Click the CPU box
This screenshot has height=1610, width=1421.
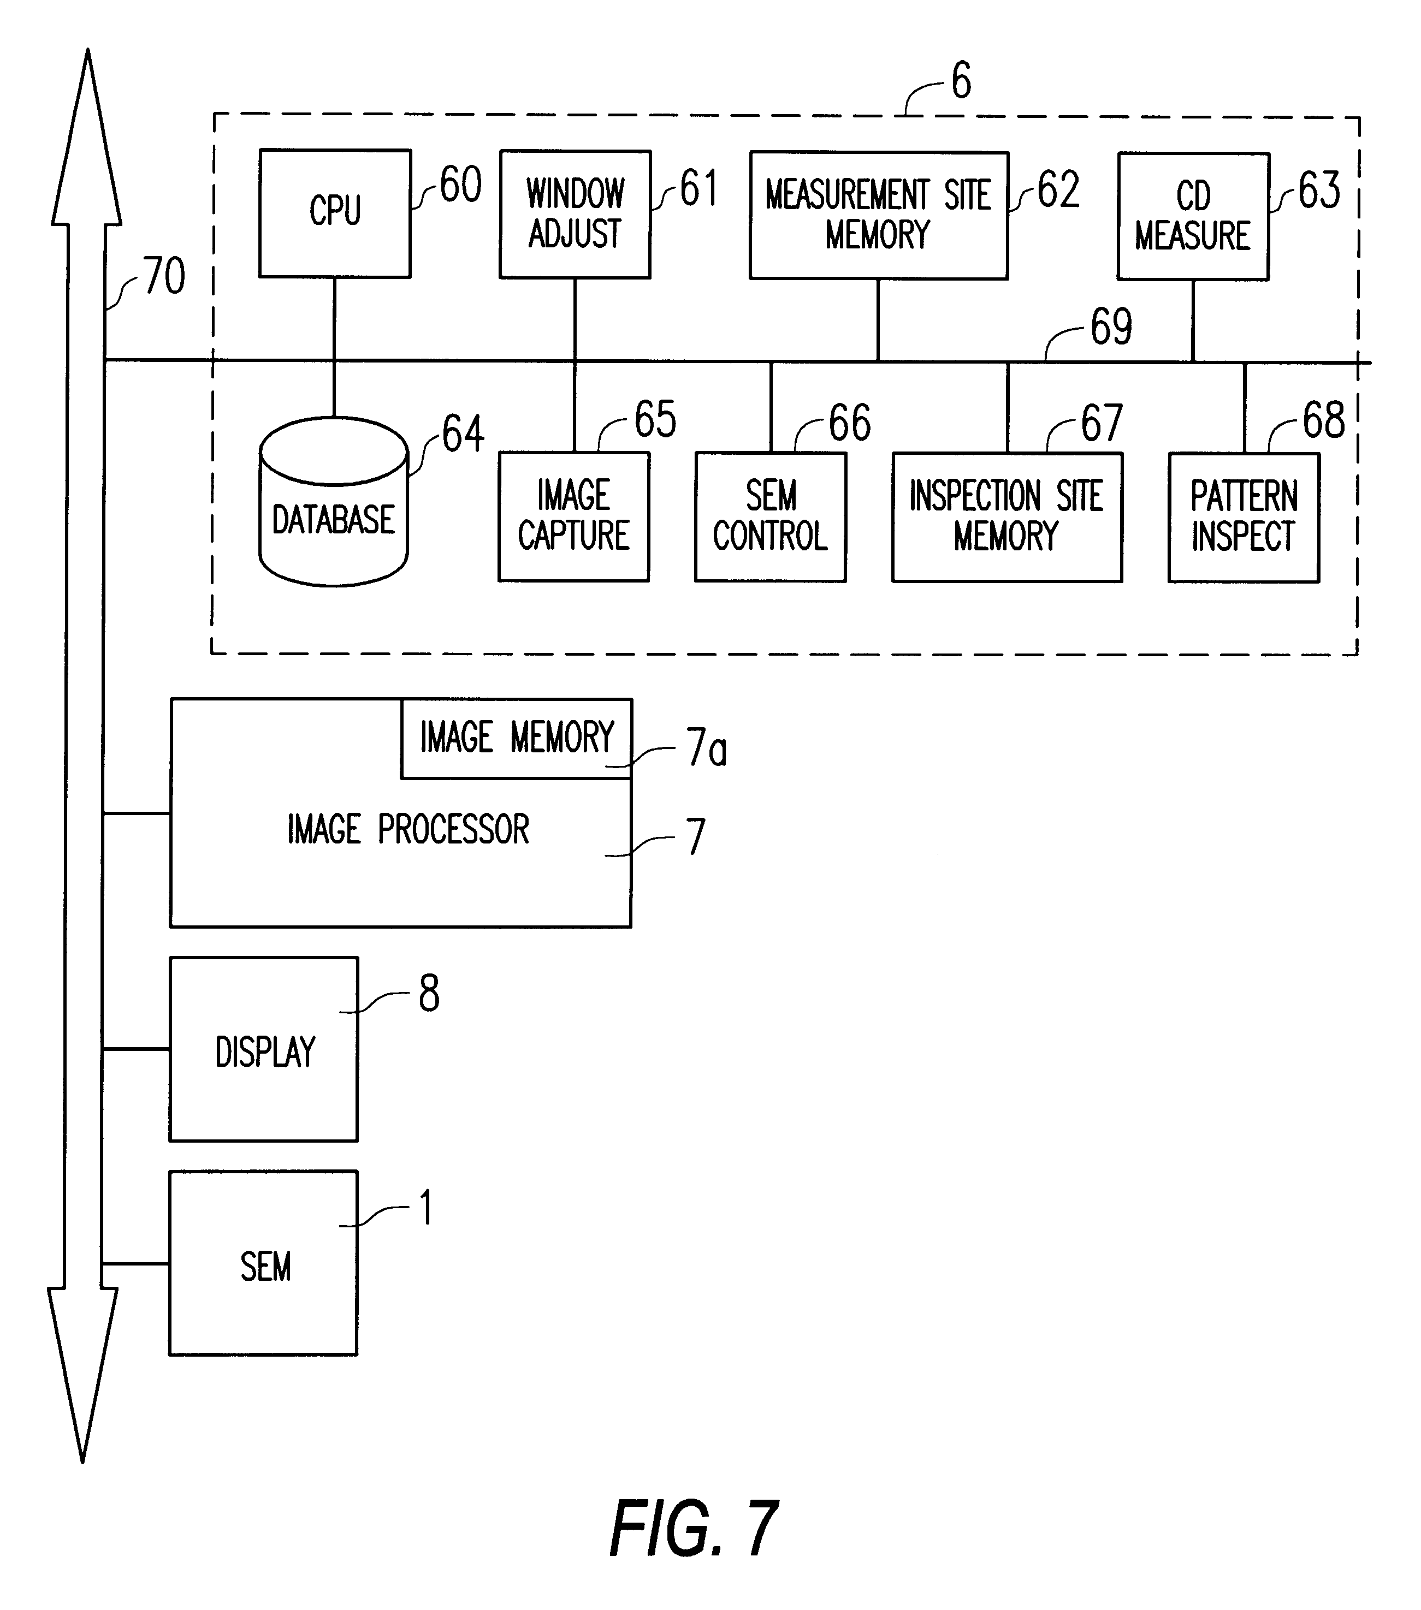pos(335,213)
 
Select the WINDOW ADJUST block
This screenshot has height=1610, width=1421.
pos(575,214)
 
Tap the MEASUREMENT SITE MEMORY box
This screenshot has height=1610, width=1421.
pos(878,215)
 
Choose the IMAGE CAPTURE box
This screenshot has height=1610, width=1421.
pos(574,516)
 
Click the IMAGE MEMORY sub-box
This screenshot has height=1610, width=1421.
pos(516,738)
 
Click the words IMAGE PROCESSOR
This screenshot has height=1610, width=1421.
pos(407,829)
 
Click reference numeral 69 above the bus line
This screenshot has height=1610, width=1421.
pos(1110,327)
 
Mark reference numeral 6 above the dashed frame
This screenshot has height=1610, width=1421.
pos(961,81)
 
